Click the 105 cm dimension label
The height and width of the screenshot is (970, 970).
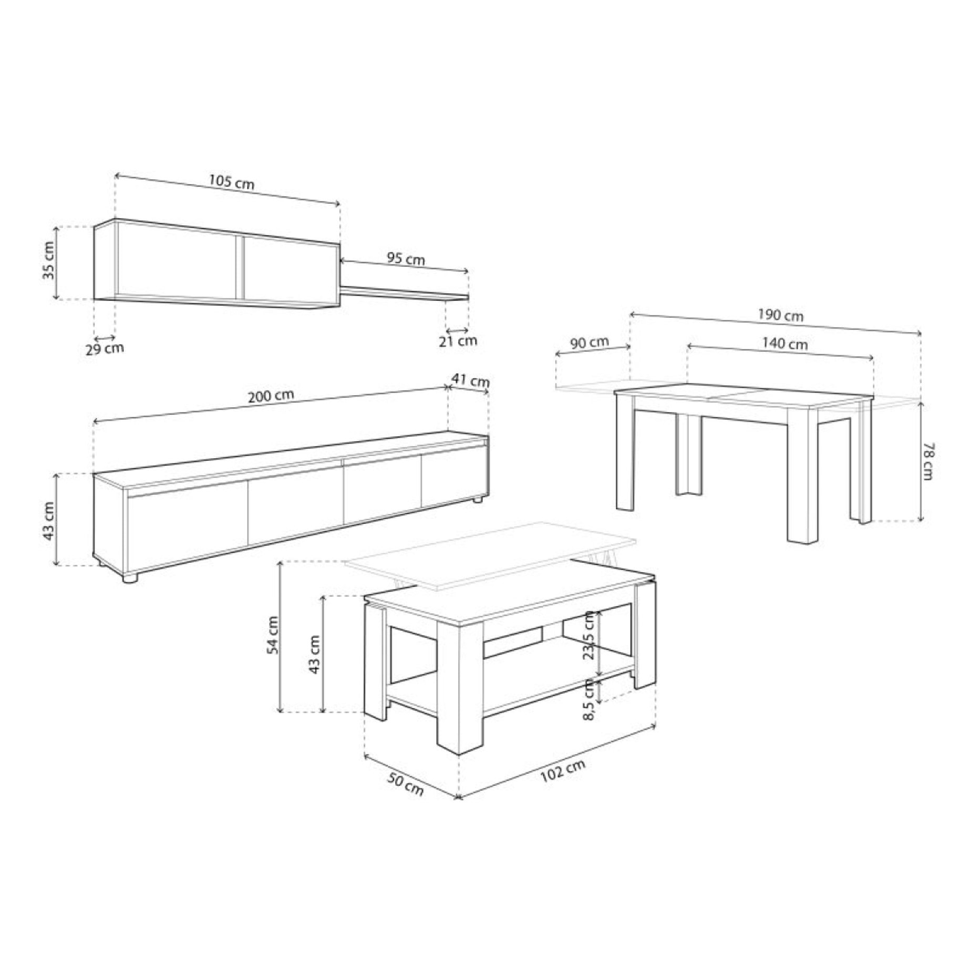click(231, 182)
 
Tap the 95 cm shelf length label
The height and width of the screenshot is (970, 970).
click(406, 259)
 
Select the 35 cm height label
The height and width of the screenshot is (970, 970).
click(49, 261)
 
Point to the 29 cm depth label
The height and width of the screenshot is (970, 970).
click(105, 348)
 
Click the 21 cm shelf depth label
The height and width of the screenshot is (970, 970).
click(458, 341)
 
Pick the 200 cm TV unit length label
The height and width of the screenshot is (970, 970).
click(271, 396)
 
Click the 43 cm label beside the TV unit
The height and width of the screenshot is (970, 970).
click(49, 521)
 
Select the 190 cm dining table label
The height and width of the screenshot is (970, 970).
click(780, 315)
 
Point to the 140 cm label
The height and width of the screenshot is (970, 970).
click(785, 344)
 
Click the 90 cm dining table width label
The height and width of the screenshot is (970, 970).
click(590, 343)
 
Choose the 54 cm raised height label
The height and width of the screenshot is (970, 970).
click(273, 635)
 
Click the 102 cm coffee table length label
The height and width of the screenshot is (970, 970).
click(562, 771)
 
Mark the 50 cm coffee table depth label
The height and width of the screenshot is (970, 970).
click(405, 785)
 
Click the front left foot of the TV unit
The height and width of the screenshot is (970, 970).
click(129, 578)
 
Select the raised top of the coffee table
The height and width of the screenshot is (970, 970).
click(489, 554)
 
